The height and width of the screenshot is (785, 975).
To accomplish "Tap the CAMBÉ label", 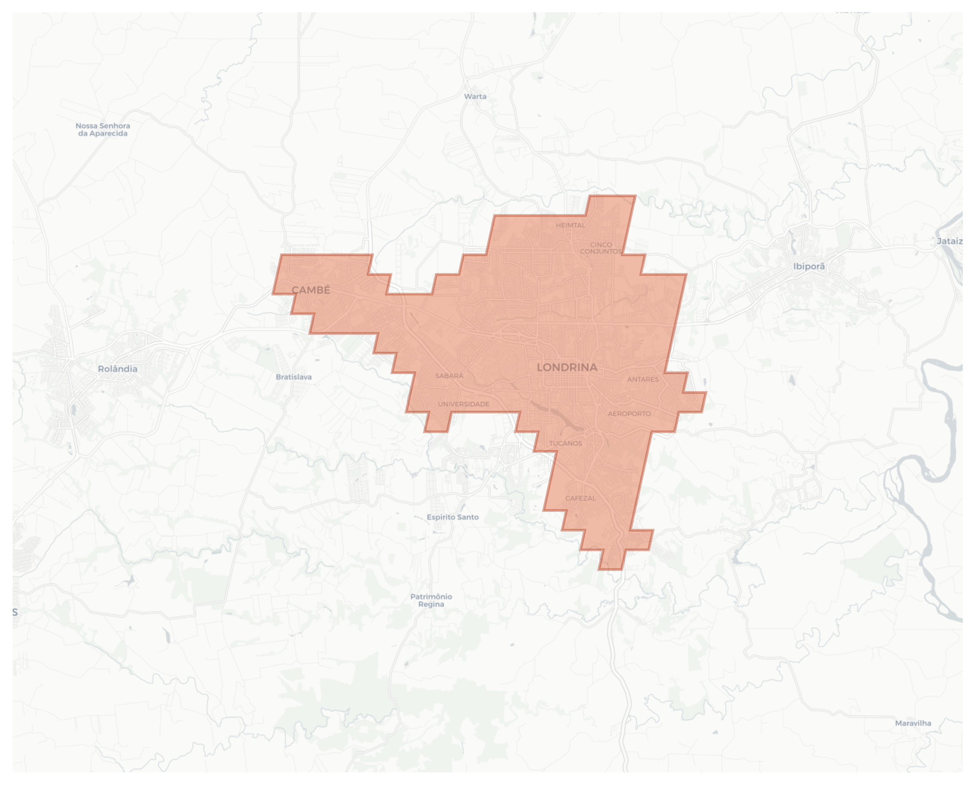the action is point(311,291).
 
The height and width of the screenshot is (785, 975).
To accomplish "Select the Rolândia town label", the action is point(118,369).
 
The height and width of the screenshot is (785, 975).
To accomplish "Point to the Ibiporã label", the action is point(809,266).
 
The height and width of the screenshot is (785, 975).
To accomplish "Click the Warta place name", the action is point(475,96).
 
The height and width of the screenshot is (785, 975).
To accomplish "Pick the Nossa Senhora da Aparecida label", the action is point(103,129).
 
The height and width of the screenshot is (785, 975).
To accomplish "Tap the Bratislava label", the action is point(293,377).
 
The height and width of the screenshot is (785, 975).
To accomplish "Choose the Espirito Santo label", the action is point(452,517).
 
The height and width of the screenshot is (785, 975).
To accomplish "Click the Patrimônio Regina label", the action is point(431,600).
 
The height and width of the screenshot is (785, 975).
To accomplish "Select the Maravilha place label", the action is point(913,723).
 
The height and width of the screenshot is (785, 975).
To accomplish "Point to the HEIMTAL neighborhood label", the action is point(570,225).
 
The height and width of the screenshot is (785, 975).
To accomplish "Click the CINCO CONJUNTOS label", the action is point(601,248).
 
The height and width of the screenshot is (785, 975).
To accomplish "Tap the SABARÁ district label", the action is point(449,376).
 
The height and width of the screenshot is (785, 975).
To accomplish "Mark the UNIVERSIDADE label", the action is point(463,404).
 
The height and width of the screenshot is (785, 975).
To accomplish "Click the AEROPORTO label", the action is point(629,413).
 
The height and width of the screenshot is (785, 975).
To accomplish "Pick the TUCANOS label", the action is point(565,443).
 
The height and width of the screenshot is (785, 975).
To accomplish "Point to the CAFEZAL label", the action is point(580,498).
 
